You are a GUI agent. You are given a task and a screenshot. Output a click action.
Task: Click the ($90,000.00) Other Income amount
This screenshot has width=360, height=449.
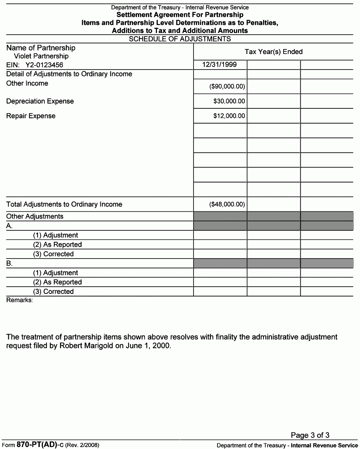click(227, 87)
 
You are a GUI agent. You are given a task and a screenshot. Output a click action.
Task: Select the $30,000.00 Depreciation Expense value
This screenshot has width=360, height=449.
click(229, 101)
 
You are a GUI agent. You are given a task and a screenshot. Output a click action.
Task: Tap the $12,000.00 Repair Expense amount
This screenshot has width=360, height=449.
click(229, 116)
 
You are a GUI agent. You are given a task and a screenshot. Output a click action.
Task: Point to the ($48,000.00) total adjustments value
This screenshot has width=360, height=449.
click(227, 204)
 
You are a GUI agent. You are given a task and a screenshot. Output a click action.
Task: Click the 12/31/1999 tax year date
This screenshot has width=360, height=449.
click(219, 65)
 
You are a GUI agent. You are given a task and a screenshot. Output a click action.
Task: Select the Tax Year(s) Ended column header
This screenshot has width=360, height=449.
click(273, 52)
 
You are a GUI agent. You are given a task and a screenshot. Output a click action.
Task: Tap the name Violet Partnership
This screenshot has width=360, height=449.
click(41, 56)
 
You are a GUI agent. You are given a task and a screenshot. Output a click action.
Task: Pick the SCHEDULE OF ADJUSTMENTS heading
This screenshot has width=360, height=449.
click(180, 39)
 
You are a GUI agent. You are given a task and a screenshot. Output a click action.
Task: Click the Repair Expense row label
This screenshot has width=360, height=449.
click(31, 116)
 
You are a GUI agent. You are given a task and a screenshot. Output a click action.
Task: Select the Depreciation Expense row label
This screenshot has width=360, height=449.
click(40, 101)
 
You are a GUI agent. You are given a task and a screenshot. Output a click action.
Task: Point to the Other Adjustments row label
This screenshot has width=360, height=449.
click(35, 216)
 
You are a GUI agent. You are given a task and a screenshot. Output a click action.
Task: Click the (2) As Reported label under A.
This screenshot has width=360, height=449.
click(57, 244)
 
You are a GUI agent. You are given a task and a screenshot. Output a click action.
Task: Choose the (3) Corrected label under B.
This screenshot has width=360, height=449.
click(53, 292)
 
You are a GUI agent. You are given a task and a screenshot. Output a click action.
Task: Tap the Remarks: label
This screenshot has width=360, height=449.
click(20, 300)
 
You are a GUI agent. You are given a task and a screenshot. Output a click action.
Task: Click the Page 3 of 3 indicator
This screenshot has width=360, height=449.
click(310, 435)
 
